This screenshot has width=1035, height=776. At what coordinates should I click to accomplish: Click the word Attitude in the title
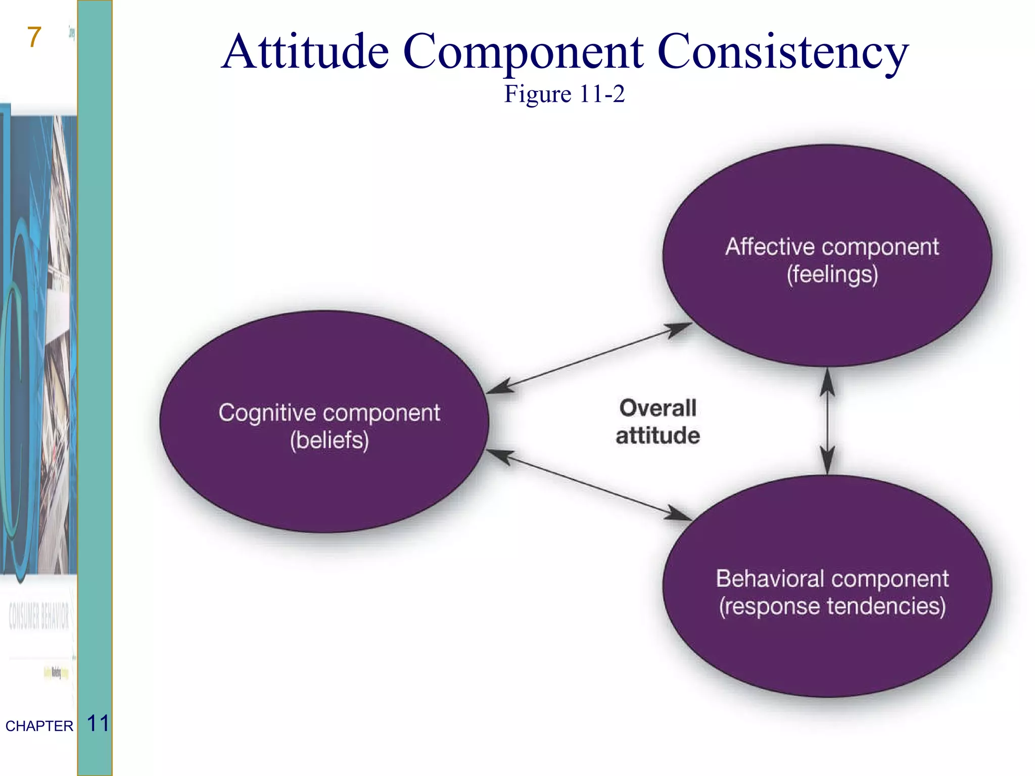[x=306, y=52]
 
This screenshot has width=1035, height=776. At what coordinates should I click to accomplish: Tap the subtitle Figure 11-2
[x=564, y=94]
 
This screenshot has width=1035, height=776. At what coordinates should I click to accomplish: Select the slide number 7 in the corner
[x=34, y=37]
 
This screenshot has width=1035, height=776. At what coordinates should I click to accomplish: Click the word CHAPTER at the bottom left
[x=39, y=726]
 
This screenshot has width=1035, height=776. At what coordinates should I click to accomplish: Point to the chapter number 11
[x=98, y=723]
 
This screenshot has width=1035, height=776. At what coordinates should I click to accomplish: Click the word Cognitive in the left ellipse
[x=267, y=413]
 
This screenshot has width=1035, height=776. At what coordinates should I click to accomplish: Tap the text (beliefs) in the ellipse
[x=329, y=440]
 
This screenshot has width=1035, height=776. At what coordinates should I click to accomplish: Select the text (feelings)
[x=832, y=275]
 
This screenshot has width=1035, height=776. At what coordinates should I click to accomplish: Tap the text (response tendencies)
[x=832, y=606]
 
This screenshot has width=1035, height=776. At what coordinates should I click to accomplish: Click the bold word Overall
[x=657, y=408]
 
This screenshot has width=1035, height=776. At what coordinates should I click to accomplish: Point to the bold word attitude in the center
[x=657, y=435]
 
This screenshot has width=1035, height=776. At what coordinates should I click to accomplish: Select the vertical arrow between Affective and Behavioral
[x=827, y=421]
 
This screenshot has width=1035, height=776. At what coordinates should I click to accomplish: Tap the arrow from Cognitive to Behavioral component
[x=589, y=484]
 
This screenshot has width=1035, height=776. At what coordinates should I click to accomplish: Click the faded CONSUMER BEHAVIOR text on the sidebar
[x=38, y=616]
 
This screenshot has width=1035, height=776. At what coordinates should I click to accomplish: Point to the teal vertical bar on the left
[x=95, y=354]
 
